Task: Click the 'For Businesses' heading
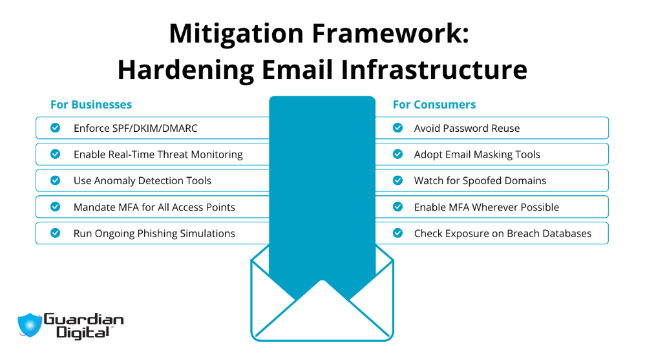pos(91,105)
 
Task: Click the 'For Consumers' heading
pos(434,105)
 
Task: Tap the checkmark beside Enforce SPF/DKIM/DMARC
pos(56,128)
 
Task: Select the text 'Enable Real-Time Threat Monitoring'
pos(158,154)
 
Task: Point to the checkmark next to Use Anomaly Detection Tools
pos(56,181)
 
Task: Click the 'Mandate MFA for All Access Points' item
pos(154,207)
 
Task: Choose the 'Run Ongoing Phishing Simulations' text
pos(154,233)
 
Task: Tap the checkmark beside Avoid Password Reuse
pos(397,128)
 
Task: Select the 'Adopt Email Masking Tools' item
pos(476,154)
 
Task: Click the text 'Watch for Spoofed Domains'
pos(480,181)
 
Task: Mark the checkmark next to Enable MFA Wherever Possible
pos(397,207)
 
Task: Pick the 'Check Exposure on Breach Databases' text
pos(502,233)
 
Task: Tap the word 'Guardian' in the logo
pos(83,319)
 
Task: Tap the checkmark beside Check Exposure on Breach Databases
pos(397,233)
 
